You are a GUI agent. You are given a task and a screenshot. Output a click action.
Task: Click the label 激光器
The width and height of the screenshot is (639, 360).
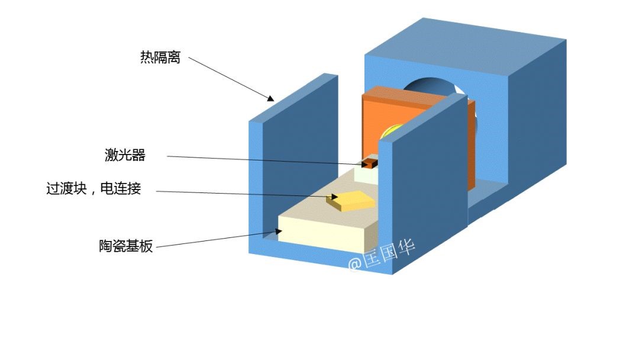click(125, 156)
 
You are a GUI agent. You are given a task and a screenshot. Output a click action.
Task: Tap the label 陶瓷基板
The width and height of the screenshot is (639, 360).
click(125, 246)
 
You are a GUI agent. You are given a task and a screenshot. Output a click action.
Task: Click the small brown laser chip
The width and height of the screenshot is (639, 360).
click(370, 163)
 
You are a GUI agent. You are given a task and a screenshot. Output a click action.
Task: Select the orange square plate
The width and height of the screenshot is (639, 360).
click(379, 118)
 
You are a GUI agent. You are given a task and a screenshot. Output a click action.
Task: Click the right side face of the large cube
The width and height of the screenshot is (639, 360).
click(535, 118)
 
